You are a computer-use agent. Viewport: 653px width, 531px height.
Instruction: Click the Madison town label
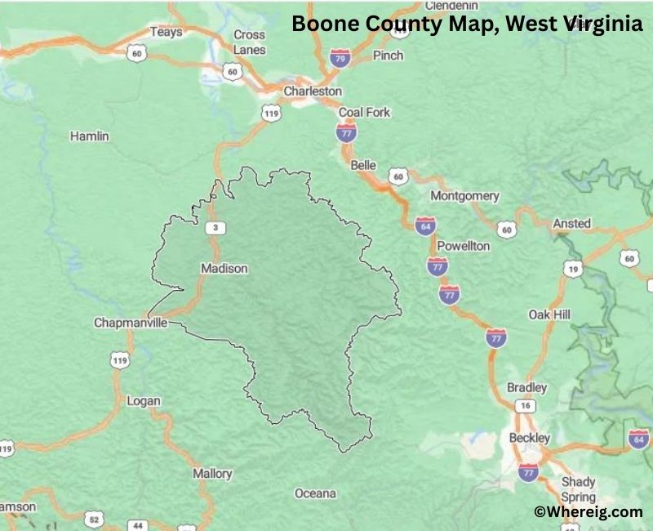224,268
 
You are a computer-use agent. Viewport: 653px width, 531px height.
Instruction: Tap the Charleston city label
313,91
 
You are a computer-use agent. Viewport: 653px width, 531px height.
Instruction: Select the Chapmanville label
131,323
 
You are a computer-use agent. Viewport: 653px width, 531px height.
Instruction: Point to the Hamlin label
89,136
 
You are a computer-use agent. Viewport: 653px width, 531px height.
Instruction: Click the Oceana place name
315,493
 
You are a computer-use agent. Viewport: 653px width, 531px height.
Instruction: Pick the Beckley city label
530,438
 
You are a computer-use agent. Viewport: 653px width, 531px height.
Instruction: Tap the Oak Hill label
549,315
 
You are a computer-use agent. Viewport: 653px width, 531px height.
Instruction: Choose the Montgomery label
464,196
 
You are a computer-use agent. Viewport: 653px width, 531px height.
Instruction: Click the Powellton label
463,246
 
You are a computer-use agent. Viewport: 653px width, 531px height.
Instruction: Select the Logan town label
144,401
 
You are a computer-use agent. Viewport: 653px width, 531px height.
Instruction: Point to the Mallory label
212,474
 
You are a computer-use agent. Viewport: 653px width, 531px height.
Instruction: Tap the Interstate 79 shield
340,58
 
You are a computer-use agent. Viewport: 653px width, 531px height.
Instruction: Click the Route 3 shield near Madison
215,227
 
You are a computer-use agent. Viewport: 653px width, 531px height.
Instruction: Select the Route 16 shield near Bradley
526,406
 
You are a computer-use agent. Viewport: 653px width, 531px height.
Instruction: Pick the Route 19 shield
574,269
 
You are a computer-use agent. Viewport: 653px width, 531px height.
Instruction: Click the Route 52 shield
93,519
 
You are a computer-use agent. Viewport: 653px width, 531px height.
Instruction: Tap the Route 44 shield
138,525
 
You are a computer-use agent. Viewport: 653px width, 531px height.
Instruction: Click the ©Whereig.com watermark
588,512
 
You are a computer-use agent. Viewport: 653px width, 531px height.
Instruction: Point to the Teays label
166,32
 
